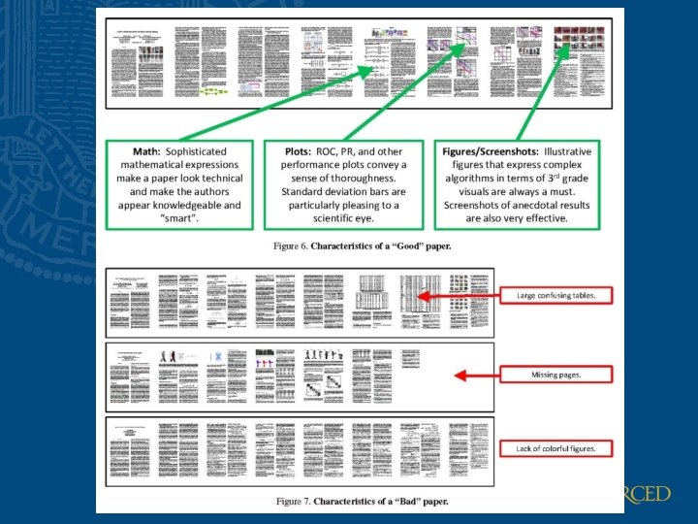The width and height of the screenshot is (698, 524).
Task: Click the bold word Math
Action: click(x=146, y=152)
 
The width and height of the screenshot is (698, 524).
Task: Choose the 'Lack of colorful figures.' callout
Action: click(x=555, y=448)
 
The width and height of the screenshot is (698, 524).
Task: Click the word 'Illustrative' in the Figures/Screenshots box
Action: click(x=568, y=152)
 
